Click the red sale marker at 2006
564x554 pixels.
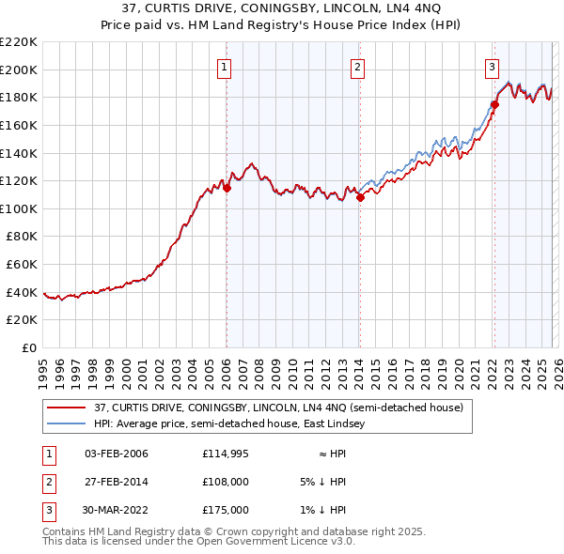pyautogui.click(x=227, y=188)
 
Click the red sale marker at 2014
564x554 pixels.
pyautogui.click(x=360, y=197)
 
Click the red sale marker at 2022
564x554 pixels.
pyautogui.click(x=494, y=104)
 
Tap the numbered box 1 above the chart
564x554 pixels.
pyautogui.click(x=226, y=67)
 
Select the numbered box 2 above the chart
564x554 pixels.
pyautogui.click(x=359, y=67)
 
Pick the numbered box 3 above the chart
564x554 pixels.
pyautogui.click(x=493, y=67)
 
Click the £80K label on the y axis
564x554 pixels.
pyautogui.click(x=22, y=237)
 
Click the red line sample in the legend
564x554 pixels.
pyautogui.click(x=67, y=408)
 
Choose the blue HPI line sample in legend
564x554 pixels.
pyautogui.click(x=67, y=423)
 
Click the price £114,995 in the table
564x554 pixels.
pyautogui.click(x=226, y=454)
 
